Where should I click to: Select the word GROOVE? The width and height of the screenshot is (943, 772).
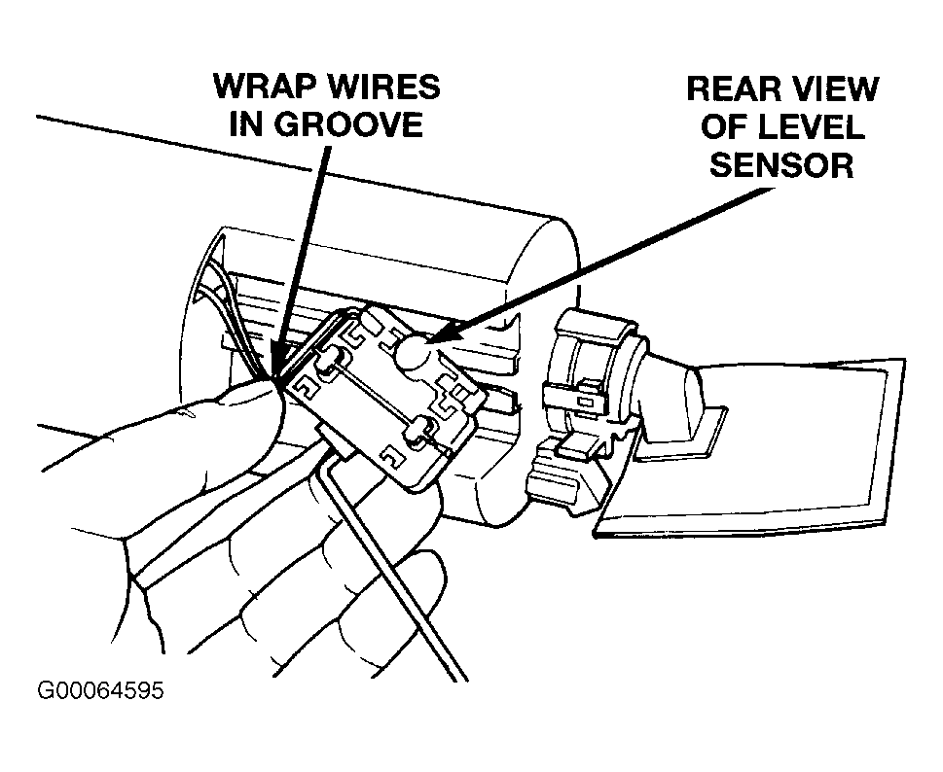[348, 124]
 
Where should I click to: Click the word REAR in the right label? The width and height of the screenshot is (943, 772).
[731, 88]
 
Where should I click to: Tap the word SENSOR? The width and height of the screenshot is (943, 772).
[781, 165]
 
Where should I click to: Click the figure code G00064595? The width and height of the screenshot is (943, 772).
[100, 691]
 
